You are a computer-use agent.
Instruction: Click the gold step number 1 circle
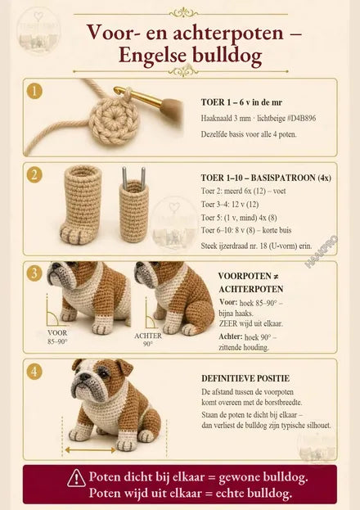[34, 91]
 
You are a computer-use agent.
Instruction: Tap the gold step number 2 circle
[34, 175]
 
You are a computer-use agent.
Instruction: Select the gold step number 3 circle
[34, 273]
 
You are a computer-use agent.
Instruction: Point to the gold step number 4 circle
[34, 372]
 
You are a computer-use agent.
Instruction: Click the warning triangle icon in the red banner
[76, 478]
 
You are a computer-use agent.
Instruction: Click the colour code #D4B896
[301, 118]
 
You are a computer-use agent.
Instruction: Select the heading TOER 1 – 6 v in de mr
[241, 102]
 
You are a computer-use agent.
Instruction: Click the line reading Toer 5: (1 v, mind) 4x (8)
[239, 217]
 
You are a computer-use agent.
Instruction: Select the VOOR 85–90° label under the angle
[57, 337]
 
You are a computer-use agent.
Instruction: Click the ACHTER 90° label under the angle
[148, 340]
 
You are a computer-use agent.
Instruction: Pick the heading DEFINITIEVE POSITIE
[245, 378]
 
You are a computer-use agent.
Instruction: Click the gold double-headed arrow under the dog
[90, 450]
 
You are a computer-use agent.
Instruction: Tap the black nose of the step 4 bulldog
[85, 377]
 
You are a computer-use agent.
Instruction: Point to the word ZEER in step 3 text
[228, 324]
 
